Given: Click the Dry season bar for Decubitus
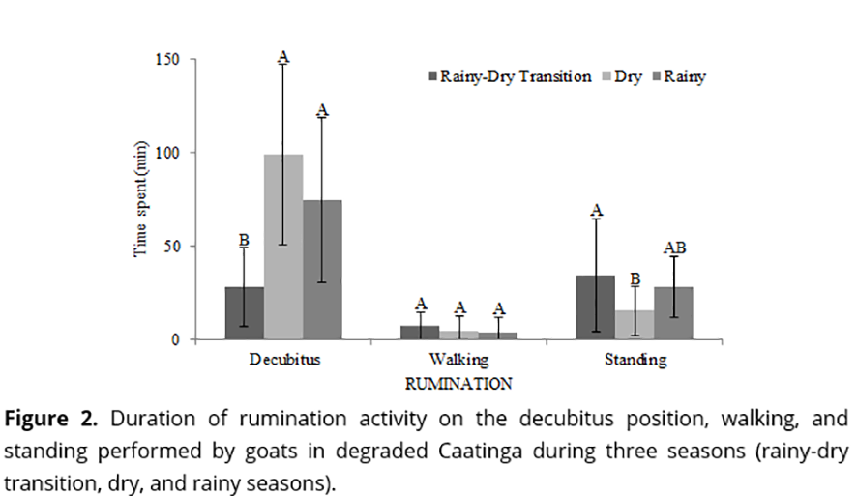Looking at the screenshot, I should click(283, 247).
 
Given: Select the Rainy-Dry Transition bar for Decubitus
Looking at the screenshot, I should click(244, 312).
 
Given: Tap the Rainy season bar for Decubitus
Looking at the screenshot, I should click(322, 269).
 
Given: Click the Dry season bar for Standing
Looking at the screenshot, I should click(635, 324).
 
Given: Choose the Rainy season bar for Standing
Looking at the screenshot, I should click(673, 312).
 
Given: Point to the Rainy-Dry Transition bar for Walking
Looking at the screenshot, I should click(420, 332).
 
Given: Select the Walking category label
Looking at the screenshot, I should click(458, 361).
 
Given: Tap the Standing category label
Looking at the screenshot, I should click(635, 361).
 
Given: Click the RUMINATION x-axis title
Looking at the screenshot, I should click(458, 383).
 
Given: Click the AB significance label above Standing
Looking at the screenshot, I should click(674, 249).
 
